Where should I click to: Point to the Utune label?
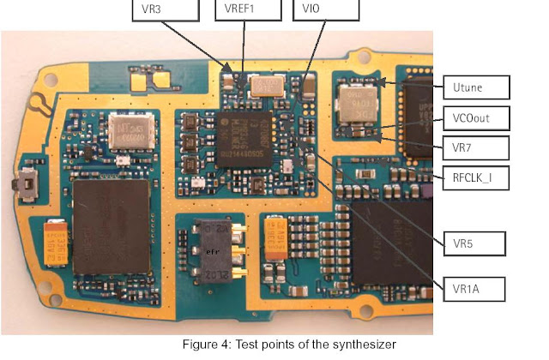[477, 87]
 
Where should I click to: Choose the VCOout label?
[477, 117]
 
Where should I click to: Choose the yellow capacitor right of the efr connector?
[278, 239]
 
